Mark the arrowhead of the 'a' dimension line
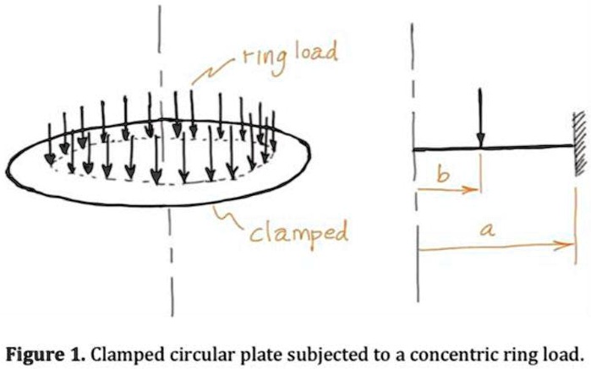click(x=561, y=247)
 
